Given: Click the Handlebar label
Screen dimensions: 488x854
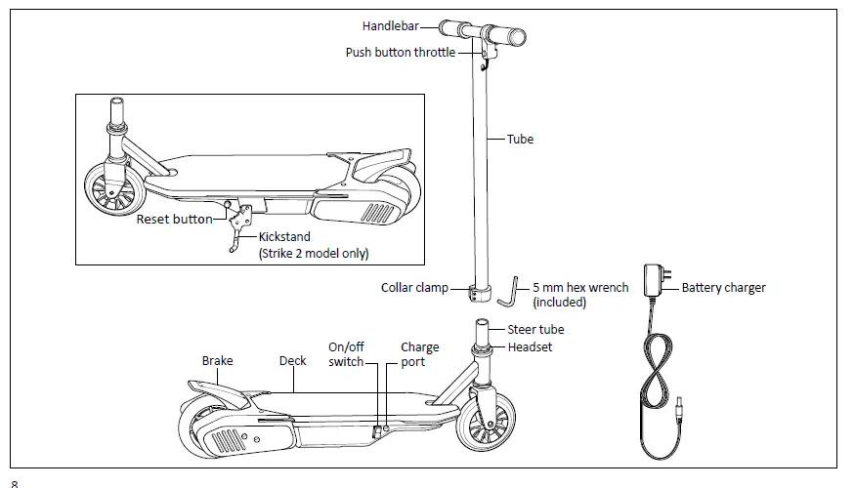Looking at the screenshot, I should pyautogui.click(x=391, y=26).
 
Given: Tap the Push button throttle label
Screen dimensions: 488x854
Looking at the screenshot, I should pyautogui.click(x=401, y=53).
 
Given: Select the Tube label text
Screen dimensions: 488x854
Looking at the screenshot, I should pyautogui.click(x=520, y=140).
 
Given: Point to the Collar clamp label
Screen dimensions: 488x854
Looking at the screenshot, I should pyautogui.click(x=414, y=288).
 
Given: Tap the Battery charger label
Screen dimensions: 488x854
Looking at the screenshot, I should pyautogui.click(x=723, y=288).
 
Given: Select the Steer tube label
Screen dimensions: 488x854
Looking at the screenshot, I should pyautogui.click(x=535, y=330).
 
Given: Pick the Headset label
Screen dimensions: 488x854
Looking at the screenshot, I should pyautogui.click(x=530, y=347).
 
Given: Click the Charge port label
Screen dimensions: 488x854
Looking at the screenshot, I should pyautogui.click(x=420, y=354).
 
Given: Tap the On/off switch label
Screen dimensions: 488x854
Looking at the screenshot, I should pyautogui.click(x=346, y=354).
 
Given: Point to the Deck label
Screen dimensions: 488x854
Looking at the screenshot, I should pyautogui.click(x=292, y=361).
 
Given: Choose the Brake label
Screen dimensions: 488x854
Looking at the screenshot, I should pyautogui.click(x=217, y=361).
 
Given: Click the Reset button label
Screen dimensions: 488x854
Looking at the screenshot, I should pyautogui.click(x=174, y=220).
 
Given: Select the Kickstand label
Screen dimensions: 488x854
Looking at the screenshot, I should pyautogui.click(x=285, y=237).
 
